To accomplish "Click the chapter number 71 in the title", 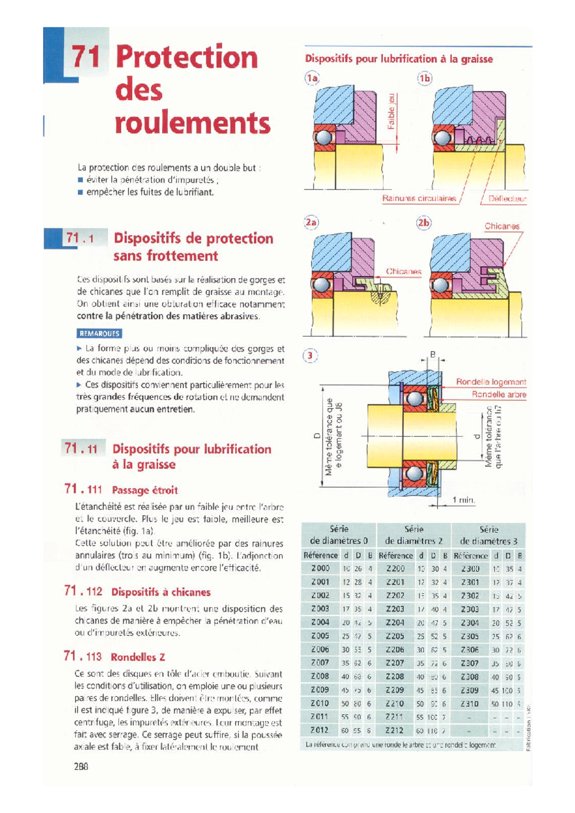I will (x=86, y=57).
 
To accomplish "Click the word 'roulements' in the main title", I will (x=193, y=124).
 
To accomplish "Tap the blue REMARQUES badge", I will (x=99, y=333).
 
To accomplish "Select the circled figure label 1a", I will (x=312, y=78).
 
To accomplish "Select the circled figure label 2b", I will (x=424, y=223).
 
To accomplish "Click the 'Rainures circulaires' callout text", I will (x=419, y=198).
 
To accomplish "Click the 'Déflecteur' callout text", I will (x=507, y=198).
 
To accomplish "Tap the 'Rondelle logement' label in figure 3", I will (x=491, y=382).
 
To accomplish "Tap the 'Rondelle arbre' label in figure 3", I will (x=499, y=395).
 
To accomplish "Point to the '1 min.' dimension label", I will (x=463, y=500).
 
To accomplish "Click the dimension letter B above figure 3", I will (x=433, y=355).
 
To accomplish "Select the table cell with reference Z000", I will (x=320, y=568).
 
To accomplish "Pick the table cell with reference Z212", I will (x=395, y=730).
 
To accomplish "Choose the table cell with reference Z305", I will (x=470, y=636).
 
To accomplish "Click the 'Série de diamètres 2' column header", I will (x=414, y=535).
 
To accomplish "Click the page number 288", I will (x=81, y=767).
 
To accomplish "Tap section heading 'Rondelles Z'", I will (x=138, y=657).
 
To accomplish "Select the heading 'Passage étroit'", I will (x=145, y=490).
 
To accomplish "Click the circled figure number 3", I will (x=310, y=355).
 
